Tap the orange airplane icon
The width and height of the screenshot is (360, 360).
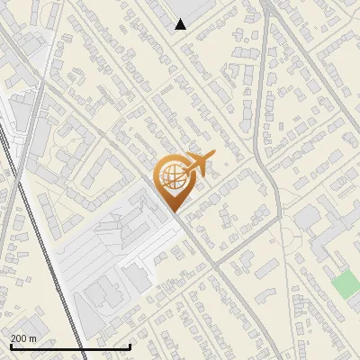[196, 165]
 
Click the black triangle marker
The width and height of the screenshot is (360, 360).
[180, 24]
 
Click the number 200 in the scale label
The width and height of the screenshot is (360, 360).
[18, 338]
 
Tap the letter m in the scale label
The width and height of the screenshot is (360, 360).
[32, 338]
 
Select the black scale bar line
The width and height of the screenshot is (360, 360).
[70, 346]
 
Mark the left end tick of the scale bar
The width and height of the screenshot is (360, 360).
[10, 346]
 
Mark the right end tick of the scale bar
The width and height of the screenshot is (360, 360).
[130, 346]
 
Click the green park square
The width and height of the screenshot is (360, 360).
[346, 284]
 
